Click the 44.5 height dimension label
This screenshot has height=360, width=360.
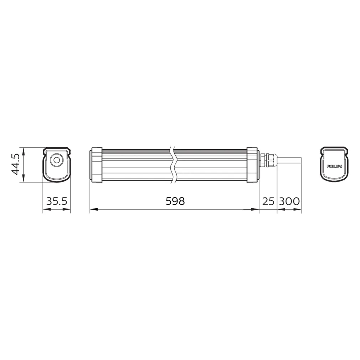coord(15,165)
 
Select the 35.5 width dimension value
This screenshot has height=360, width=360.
coord(56,201)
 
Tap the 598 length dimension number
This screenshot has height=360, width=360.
coord(175,201)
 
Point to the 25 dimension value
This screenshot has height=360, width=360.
coord(268,201)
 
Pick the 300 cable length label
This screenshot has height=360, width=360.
coord(289,201)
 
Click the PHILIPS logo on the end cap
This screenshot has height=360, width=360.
coord(334,166)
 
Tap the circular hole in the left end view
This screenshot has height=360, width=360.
coord(56,160)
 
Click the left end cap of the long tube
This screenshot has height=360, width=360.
coord(96,165)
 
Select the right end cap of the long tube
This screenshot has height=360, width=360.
coord(253,165)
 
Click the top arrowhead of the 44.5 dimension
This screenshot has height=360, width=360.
coord(24,150)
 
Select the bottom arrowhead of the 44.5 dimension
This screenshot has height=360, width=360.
coord(24,180)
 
